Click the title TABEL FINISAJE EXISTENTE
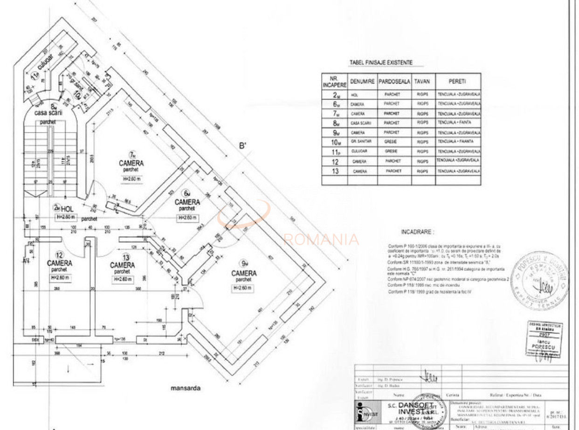[x=380, y=63]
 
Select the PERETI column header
[x=458, y=81]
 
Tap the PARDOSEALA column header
[x=394, y=81]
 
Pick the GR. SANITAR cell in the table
[x=362, y=141]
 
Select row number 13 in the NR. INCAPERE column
[x=334, y=171]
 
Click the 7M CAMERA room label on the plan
[x=131, y=163]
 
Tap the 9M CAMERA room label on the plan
[x=243, y=273]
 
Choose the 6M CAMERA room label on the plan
[x=187, y=202]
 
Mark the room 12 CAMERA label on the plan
[x=59, y=263]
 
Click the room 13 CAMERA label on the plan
[x=122, y=265]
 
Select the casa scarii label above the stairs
[x=48, y=113]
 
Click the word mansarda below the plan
[x=186, y=388]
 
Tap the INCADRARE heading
[x=416, y=232]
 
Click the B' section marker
[x=242, y=146]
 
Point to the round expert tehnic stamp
[x=539, y=283]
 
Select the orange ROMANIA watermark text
[x=321, y=240]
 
